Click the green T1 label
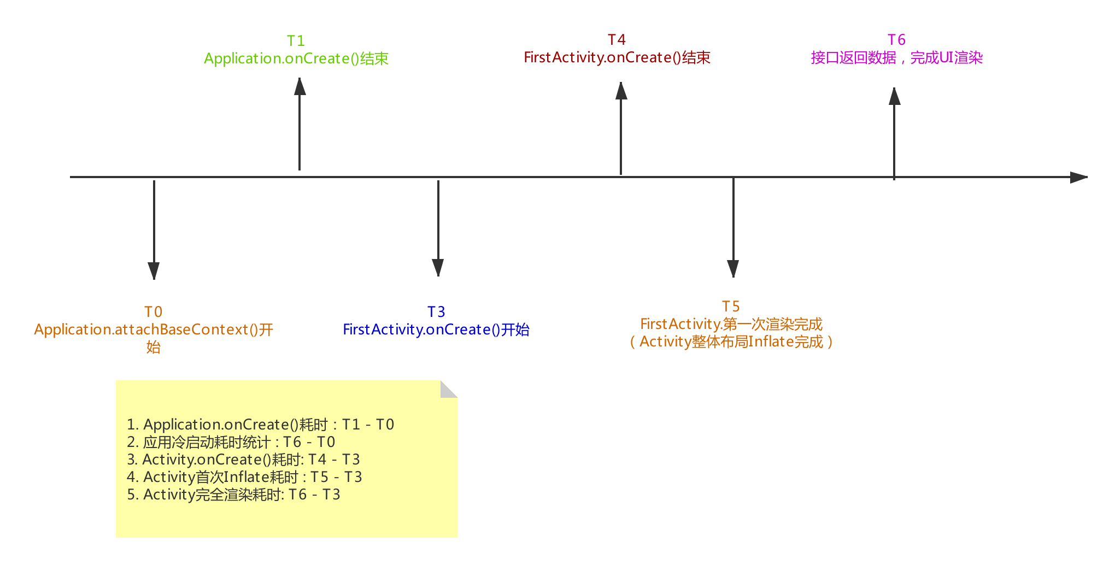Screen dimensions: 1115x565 point(296,41)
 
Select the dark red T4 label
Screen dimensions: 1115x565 point(617,40)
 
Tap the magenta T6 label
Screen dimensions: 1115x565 point(896,40)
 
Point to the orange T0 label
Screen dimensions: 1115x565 point(154,312)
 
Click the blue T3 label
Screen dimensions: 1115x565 point(436,312)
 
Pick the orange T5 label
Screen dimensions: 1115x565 point(731,307)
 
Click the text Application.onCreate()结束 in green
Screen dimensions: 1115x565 point(296,58)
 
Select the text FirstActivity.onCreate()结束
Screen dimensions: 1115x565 point(617,57)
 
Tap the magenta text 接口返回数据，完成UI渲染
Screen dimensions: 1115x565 point(897,57)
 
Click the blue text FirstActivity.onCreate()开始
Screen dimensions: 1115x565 point(436,329)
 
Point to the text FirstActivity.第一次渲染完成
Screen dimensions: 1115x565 point(731,324)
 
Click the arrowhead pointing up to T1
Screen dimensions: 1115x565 point(300,86)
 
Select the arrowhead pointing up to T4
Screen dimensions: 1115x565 point(621,91)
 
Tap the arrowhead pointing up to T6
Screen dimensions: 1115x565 point(894,96)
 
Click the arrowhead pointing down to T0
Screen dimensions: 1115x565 point(154,271)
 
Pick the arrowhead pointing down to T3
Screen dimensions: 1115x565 point(438,268)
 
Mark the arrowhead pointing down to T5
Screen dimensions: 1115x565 point(733,269)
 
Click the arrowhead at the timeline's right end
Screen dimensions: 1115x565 point(1079,177)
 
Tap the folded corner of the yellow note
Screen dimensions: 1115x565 point(449,389)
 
